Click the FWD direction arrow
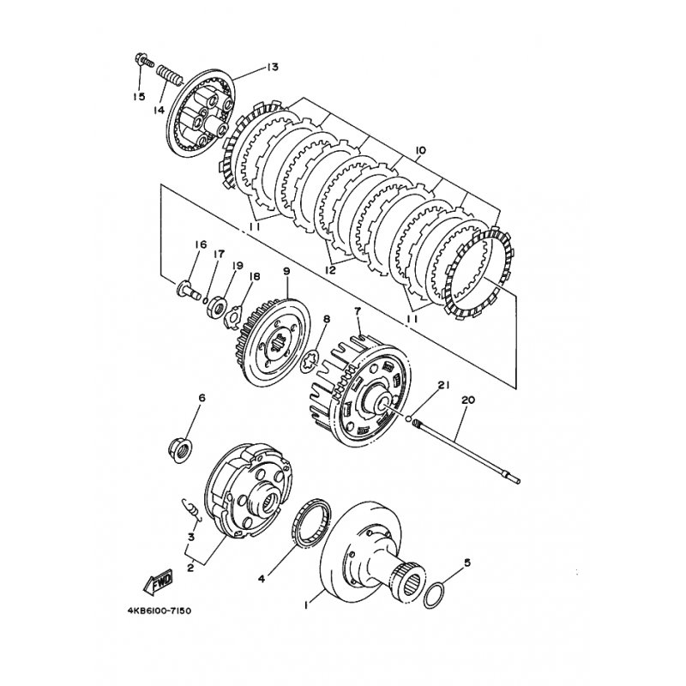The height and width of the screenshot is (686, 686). tap(159, 581)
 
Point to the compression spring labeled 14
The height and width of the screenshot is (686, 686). tap(169, 75)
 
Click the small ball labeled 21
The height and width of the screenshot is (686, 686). tap(408, 418)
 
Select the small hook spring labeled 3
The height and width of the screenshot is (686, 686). tap(191, 510)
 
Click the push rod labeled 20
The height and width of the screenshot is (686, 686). tap(468, 451)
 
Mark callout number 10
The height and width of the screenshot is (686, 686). tap(419, 151)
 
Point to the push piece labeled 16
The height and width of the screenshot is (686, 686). tap(188, 290)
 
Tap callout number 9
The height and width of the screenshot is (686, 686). tap(286, 272)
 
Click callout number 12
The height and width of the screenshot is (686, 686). tap(330, 270)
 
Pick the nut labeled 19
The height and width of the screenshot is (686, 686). tap(217, 304)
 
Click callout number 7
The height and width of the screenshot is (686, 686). tap(358, 311)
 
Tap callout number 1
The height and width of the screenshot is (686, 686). tap(306, 605)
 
